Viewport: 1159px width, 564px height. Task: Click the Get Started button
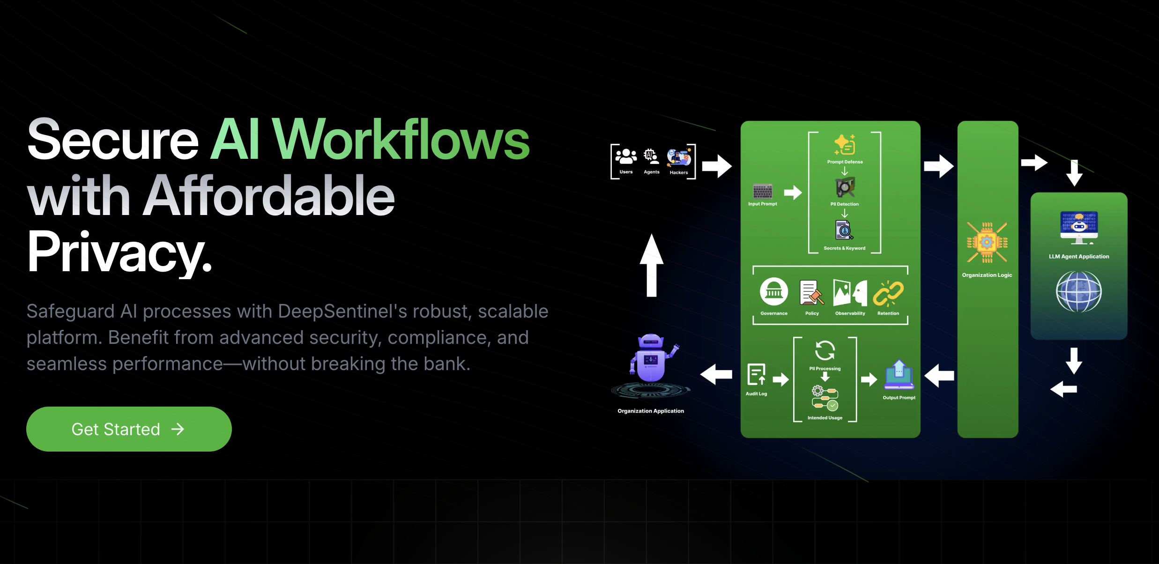129,429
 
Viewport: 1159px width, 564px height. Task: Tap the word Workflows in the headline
401,139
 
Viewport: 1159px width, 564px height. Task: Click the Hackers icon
679,157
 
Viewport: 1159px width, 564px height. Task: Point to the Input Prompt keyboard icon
762,191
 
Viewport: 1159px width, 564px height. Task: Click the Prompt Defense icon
845,145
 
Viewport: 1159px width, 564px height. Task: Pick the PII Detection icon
845,187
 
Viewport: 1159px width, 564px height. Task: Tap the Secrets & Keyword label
844,248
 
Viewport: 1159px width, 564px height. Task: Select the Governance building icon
773,292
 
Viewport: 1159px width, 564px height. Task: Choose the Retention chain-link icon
888,293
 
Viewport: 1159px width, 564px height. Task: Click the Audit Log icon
756,375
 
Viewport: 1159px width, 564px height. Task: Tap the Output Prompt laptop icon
899,376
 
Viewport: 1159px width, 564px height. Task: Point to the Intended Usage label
825,418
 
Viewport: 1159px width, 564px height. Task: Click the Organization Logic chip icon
987,243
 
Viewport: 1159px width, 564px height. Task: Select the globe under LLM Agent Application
1078,292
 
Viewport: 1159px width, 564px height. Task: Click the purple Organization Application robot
651,358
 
